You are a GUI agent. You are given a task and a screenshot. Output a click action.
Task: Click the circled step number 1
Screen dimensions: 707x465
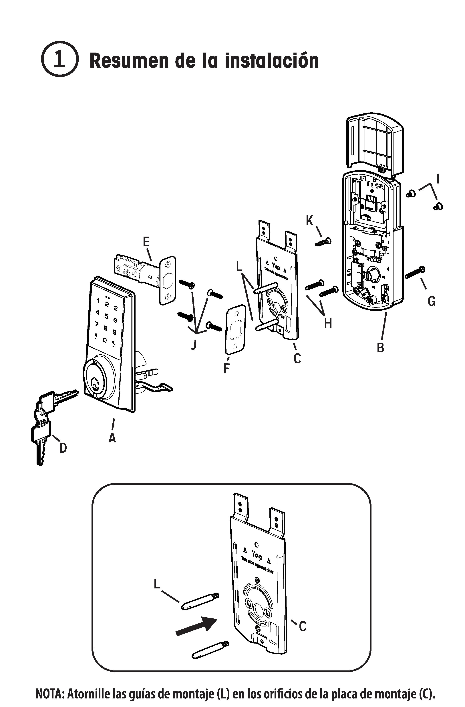tap(59, 59)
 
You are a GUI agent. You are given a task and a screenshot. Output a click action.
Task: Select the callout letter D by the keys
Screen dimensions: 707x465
tap(63, 448)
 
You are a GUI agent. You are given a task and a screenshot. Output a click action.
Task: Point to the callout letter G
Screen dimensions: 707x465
tap(431, 301)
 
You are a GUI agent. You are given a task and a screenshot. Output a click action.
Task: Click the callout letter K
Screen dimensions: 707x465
tap(310, 221)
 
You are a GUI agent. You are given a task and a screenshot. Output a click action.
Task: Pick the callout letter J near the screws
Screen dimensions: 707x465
tap(193, 345)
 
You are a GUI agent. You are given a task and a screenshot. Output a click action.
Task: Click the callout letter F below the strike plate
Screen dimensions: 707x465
tap(227, 368)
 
